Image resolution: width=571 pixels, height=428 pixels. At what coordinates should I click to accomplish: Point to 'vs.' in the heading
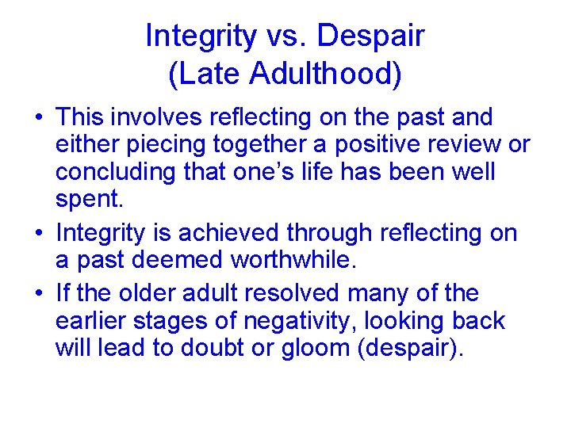pyautogui.click(x=292, y=36)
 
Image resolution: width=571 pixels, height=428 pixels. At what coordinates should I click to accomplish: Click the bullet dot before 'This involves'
pyautogui.click(x=39, y=120)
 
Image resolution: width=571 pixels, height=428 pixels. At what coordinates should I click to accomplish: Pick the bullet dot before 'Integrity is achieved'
pyautogui.click(x=39, y=235)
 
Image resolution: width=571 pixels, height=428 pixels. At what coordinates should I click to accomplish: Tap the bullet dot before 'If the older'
pyautogui.click(x=39, y=294)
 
